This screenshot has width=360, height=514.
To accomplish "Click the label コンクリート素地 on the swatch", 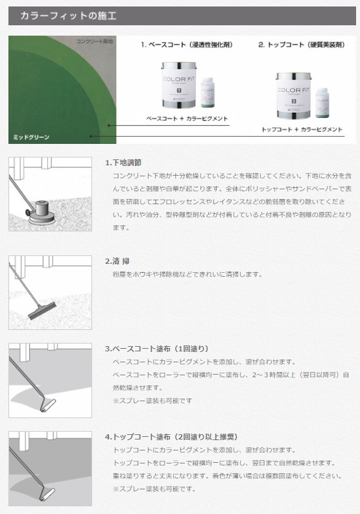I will pos(95,41).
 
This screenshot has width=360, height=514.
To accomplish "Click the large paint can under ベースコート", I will pos(178,84).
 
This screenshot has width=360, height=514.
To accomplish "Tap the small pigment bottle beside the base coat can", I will pos(208,93).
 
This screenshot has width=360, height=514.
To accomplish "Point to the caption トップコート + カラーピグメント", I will pos(302,130).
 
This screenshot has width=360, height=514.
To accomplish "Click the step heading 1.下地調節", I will pos(123,162).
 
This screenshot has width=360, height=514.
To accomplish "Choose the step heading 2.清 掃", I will pos(117,261).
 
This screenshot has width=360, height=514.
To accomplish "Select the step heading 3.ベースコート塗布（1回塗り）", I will pos(157,349).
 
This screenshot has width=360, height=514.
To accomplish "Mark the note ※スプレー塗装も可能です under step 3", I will pos(152,401).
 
